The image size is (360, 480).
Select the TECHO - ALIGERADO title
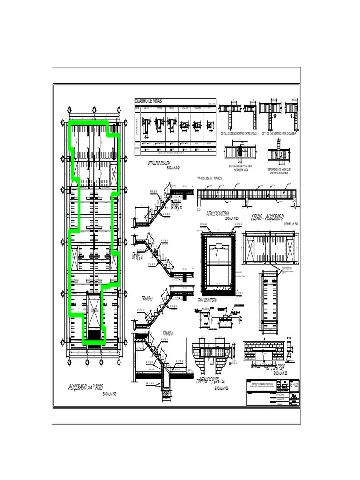pyautogui.click(x=269, y=217)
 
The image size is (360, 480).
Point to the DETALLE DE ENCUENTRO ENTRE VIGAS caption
pyautogui.click(x=239, y=134)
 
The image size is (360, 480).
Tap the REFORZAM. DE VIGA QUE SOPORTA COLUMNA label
pyautogui.click(x=279, y=171)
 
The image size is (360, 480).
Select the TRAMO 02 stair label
pyautogui.click(x=148, y=298)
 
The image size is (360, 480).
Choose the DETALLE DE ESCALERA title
pyautogui.click(x=159, y=163)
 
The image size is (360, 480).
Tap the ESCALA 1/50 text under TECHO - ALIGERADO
pyautogui.click(x=292, y=225)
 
